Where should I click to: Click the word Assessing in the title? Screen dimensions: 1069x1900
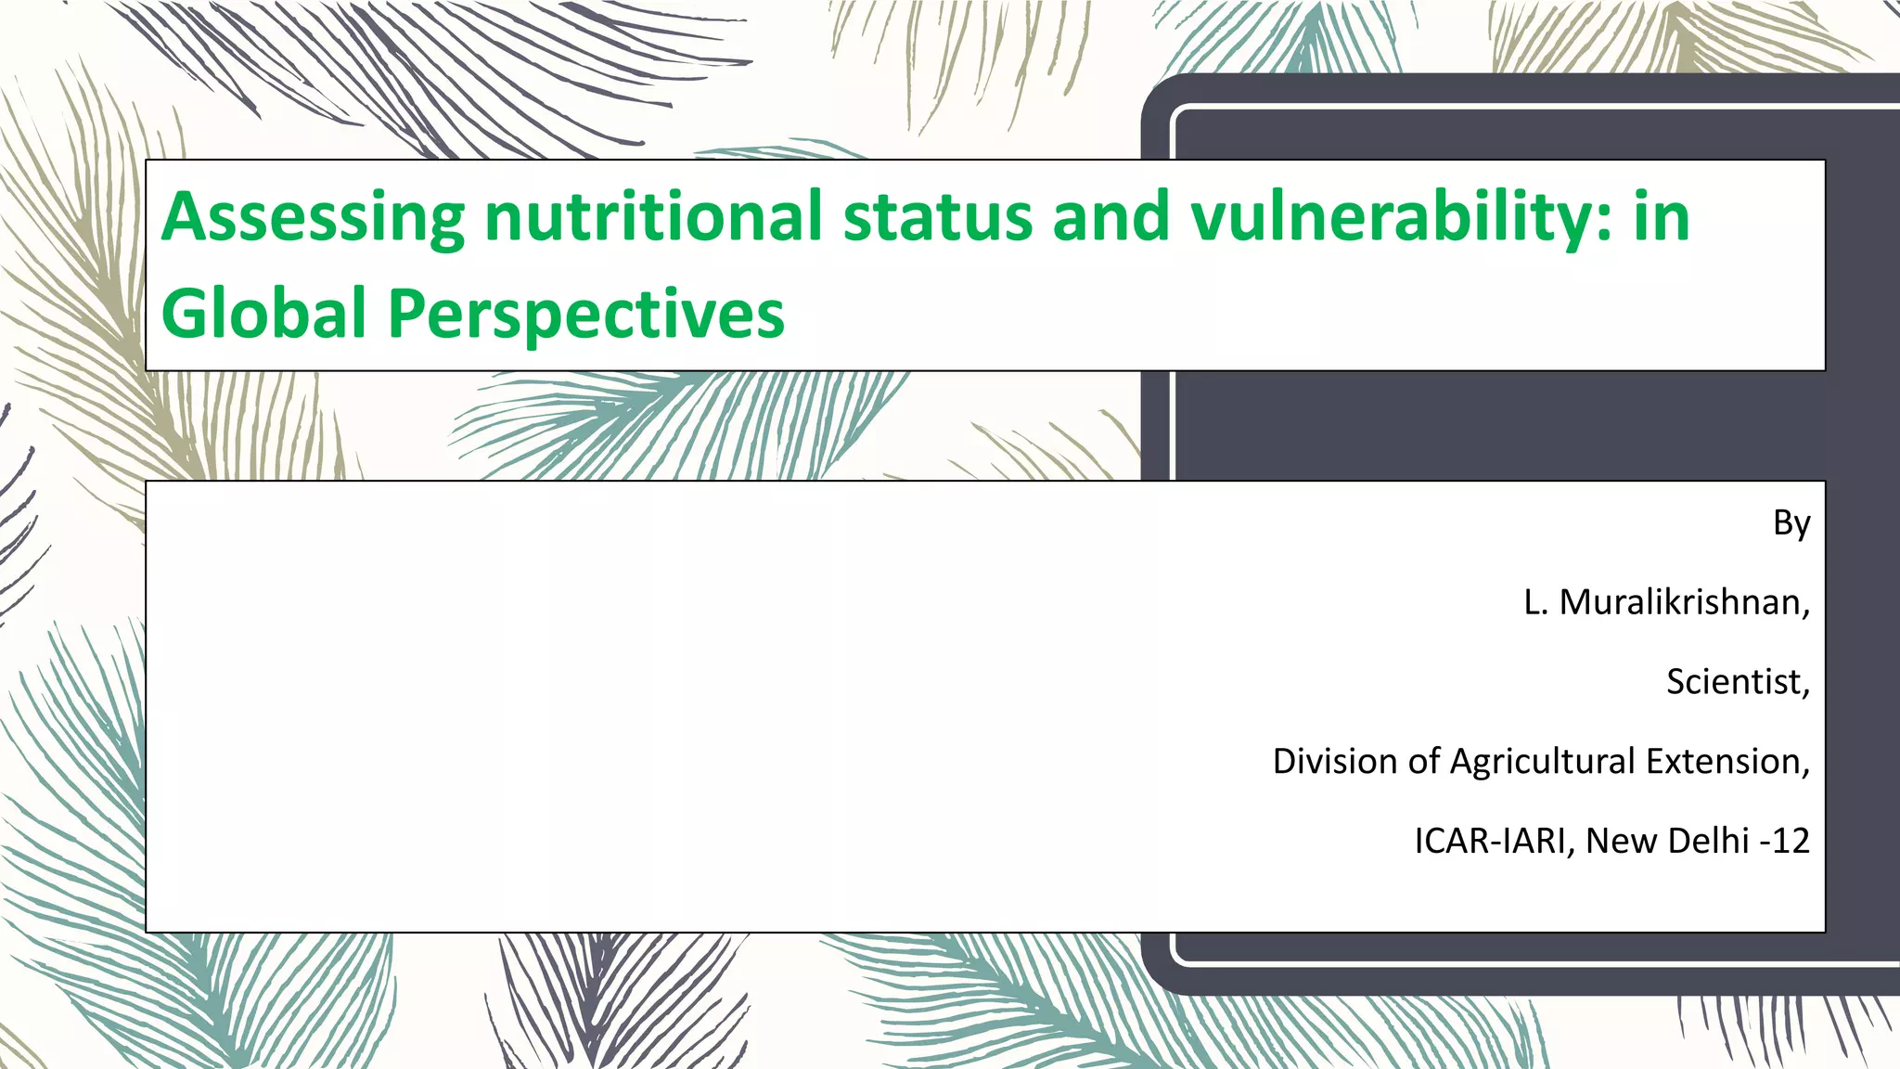(x=313, y=218)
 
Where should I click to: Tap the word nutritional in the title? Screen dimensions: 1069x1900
(x=653, y=216)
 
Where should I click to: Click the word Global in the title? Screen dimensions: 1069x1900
(x=264, y=313)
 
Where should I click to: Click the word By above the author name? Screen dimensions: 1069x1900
(x=1791, y=523)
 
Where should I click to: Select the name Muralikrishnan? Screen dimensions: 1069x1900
(x=1684, y=602)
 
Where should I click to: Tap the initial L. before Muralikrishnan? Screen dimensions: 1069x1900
(x=1535, y=602)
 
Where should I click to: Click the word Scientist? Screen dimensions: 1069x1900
(x=1737, y=682)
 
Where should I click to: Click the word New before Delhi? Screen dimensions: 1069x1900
(x=1621, y=841)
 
